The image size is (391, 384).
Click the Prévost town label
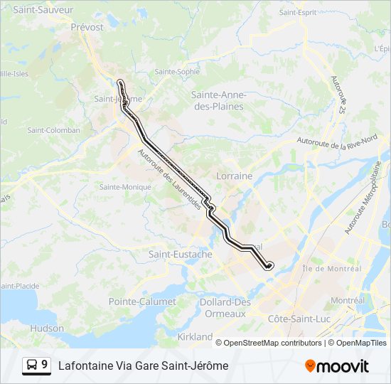(87, 27)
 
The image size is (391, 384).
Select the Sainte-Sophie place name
(178, 72)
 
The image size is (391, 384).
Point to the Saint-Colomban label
(53, 130)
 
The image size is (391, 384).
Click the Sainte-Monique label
(125, 187)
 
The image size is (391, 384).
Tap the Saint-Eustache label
(180, 254)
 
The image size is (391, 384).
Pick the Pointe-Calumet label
(142, 302)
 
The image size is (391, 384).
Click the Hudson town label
(47, 329)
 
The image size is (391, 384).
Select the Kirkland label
(195, 336)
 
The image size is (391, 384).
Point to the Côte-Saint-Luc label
(299, 319)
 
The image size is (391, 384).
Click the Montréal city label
(348, 301)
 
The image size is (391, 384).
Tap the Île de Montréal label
(332, 269)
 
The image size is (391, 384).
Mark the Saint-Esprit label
(297, 13)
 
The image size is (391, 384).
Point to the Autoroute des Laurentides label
(169, 178)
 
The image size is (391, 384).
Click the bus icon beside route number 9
(33, 365)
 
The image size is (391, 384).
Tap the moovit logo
(337, 366)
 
